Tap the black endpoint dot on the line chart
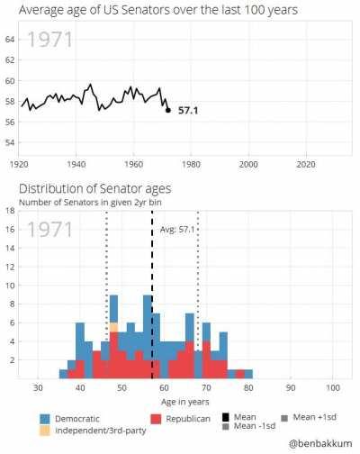tap(168, 110)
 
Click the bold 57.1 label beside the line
tap(188, 110)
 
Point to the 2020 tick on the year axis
tap(306, 165)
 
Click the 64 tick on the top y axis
tap(9, 40)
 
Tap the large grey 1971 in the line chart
tap(49, 41)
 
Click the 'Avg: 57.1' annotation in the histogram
tap(177, 230)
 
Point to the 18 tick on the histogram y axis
tap(9, 211)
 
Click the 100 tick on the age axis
tap(333, 387)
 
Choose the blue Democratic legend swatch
tap(44, 419)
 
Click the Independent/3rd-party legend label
tap(94, 431)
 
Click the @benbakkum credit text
tap(320, 444)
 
